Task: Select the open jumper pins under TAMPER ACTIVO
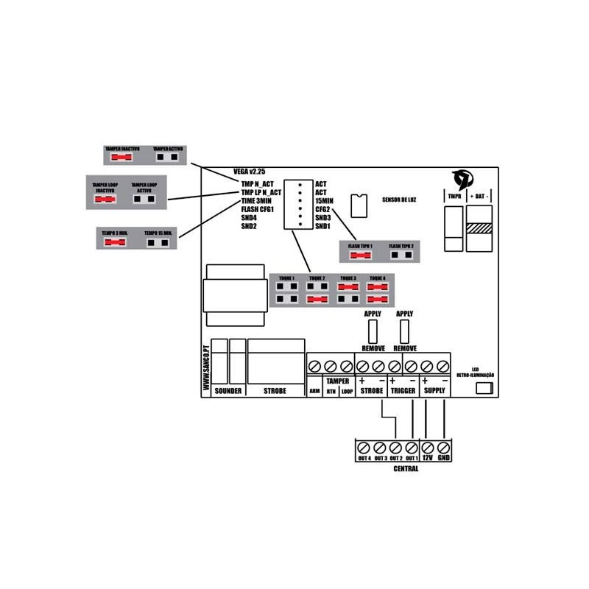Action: [168, 157]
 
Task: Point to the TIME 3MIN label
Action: [257, 200]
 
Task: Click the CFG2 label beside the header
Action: [322, 209]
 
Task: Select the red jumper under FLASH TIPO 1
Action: [361, 255]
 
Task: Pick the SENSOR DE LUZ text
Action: [400, 200]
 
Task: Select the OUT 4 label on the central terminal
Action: [364, 458]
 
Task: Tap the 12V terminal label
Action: [428, 458]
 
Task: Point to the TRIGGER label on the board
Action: [403, 391]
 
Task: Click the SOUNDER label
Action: [228, 391]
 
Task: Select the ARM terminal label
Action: [314, 392]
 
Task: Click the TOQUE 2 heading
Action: [318, 278]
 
